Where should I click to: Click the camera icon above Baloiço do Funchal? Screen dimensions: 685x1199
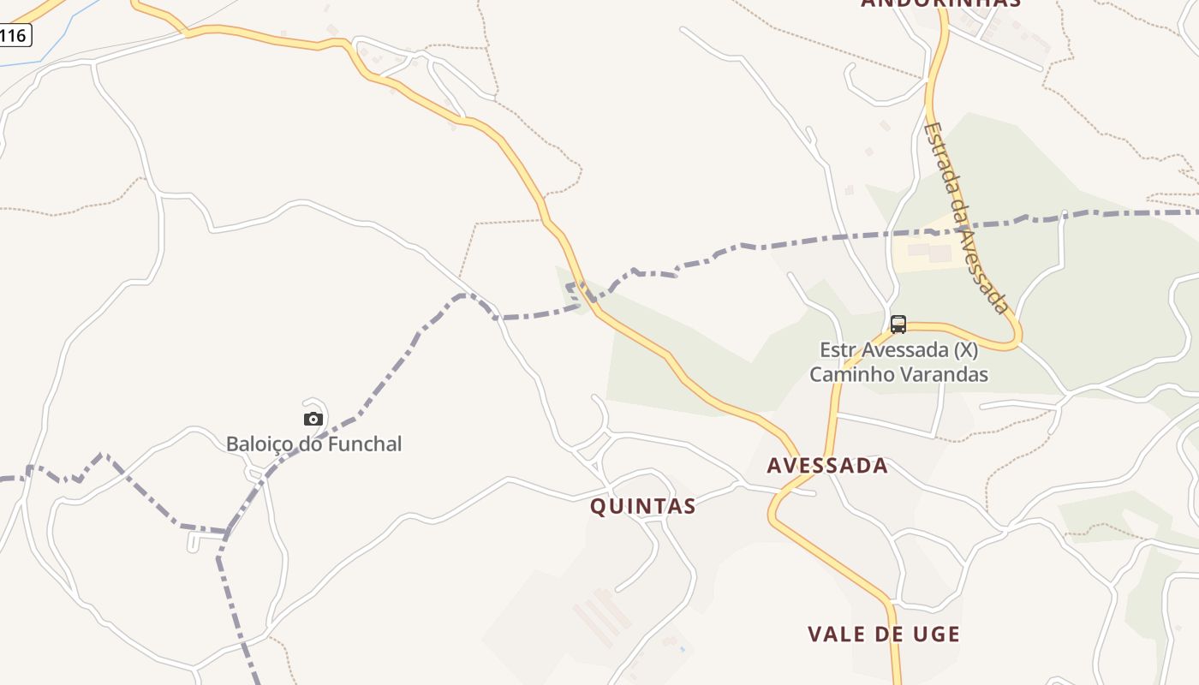[313, 419]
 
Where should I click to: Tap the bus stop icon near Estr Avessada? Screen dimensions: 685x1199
[898, 325]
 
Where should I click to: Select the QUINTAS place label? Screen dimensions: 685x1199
[642, 506]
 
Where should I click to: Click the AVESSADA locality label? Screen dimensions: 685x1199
[827, 466]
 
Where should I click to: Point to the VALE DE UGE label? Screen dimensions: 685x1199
[884, 634]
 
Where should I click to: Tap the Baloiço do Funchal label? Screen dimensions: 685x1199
[313, 444]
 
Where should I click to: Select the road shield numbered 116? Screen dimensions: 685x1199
[14, 35]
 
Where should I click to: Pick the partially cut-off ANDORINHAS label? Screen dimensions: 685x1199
[940, 3]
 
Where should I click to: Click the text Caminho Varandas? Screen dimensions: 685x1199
[898, 374]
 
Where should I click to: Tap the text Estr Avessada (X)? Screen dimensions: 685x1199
[898, 350]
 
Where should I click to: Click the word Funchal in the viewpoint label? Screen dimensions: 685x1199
[363, 444]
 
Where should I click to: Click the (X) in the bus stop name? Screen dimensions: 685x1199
[966, 350]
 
